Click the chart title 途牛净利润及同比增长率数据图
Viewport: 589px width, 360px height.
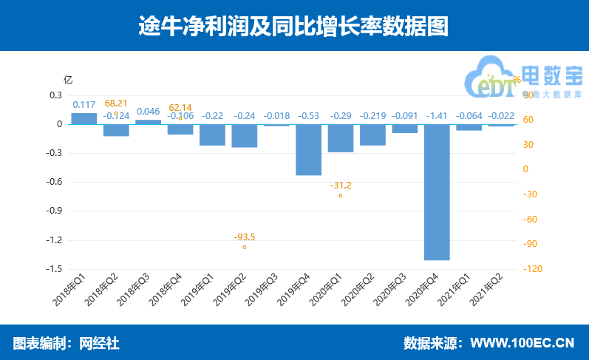coord(294,27)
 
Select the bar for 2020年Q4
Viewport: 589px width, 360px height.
coord(437,192)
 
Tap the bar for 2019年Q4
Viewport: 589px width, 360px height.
coord(309,150)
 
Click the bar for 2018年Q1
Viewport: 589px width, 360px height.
coord(84,118)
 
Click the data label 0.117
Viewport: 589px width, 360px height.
coord(84,104)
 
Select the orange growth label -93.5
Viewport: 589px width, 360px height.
coord(245,237)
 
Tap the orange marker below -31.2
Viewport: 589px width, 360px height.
coord(341,196)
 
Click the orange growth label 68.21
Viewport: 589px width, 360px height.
coord(116,103)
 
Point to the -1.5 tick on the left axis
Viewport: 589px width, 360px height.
coord(52,269)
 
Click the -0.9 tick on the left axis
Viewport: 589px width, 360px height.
coord(52,211)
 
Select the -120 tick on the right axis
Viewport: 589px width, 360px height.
coord(532,269)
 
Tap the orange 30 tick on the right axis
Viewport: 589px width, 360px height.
coord(526,144)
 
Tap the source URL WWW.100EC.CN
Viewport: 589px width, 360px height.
coord(522,343)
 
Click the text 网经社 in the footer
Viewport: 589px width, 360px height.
coord(99,343)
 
